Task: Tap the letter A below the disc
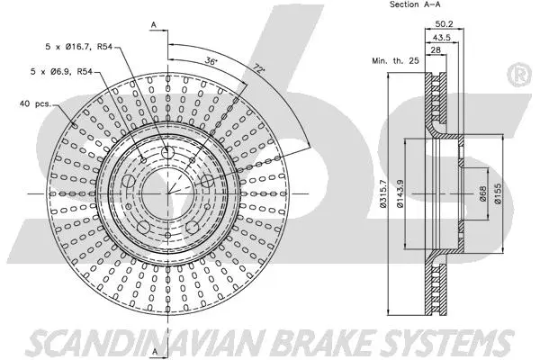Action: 154,349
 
